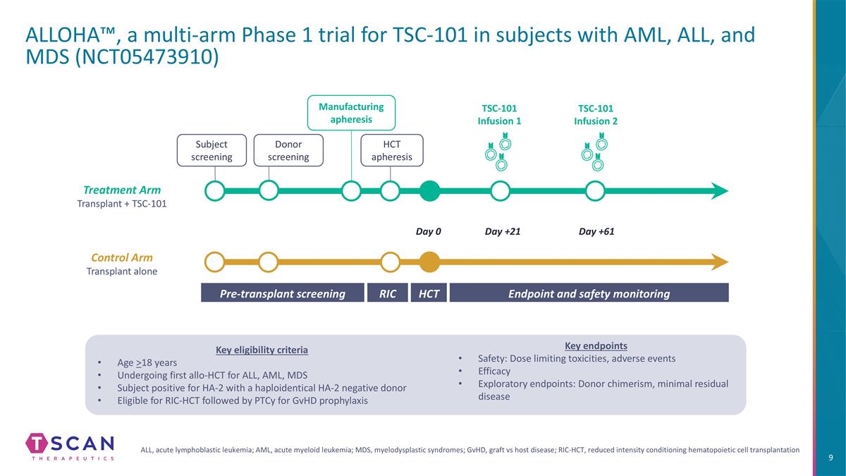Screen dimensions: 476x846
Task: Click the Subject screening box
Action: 211,150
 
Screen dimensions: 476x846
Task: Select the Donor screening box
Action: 288,150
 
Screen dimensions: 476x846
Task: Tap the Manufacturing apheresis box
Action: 351,113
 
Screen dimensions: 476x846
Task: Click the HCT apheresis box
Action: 392,150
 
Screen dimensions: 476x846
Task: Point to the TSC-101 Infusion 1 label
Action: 499,114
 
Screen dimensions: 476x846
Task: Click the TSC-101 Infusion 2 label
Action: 596,114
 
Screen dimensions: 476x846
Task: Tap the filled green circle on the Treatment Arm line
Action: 429,190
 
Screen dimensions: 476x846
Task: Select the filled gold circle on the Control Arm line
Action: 429,262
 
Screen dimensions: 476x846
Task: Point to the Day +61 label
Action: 596,231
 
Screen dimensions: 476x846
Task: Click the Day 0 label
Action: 428,231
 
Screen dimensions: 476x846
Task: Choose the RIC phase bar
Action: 387,293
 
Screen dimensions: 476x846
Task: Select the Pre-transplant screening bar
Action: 283,293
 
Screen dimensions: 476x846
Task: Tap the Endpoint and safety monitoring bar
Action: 589,293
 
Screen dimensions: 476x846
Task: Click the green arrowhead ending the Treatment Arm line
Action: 720,190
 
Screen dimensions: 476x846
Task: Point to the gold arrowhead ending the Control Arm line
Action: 720,262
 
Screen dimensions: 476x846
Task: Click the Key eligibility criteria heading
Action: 262,350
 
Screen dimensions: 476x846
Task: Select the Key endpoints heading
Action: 596,346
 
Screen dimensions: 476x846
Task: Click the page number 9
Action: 830,458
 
